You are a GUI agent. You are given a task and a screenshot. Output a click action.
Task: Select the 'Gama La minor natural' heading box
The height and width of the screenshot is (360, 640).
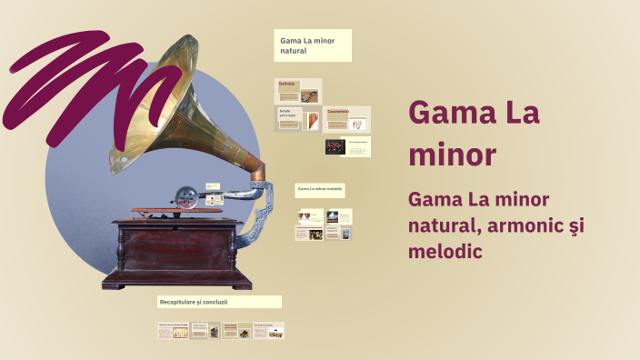click(313, 45)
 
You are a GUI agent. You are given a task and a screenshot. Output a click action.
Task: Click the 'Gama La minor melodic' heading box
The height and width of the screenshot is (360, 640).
click(319, 190)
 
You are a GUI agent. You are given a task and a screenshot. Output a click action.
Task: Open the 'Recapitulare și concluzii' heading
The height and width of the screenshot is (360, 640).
click(219, 301)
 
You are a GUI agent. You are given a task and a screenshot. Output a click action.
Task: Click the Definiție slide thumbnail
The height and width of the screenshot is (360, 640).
click(299, 91)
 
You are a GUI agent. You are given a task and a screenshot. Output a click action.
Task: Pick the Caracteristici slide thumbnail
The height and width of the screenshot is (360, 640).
click(346, 119)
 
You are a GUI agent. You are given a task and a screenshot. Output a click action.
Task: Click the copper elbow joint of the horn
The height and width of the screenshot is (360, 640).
click(255, 169)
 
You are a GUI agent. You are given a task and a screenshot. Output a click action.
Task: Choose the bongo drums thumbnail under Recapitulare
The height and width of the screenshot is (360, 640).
click(269, 331)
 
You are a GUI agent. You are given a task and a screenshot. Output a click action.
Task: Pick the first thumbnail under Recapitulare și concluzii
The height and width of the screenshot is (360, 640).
click(173, 331)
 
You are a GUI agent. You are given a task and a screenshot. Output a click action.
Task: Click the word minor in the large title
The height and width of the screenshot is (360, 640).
click(452, 155)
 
